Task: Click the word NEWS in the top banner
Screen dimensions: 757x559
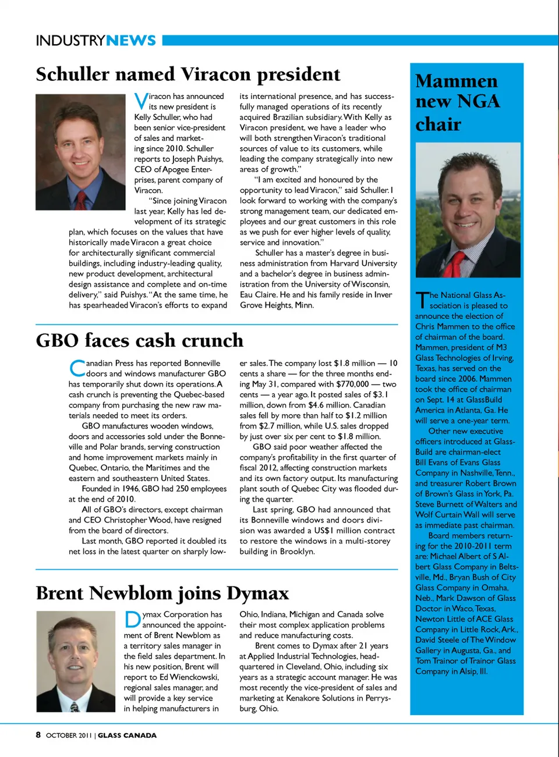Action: pos(131,40)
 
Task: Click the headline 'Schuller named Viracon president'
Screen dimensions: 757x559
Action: pos(187,74)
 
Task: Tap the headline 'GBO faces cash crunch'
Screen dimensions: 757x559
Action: pos(139,340)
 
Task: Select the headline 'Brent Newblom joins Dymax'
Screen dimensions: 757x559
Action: pos(162,593)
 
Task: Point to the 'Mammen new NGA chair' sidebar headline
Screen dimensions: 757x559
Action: pos(457,102)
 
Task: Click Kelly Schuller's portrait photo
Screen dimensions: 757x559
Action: pos(80,152)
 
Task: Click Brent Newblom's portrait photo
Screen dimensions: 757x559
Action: pos(76,661)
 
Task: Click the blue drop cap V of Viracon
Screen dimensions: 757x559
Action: pos(141,101)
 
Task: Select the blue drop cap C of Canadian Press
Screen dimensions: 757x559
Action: pos(77,368)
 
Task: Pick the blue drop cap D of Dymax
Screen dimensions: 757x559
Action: pos(132,620)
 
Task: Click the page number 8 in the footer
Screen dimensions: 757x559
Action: pos(38,735)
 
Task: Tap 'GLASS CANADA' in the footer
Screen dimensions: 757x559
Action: pos(127,735)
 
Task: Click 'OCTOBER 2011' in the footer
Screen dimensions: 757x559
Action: pos(69,735)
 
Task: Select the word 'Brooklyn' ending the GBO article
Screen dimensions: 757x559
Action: pos(297,552)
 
